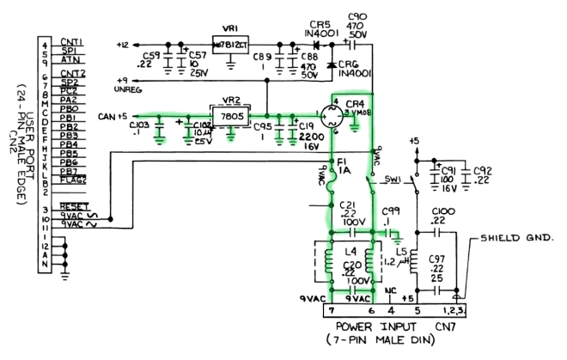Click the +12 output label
pos(122,45)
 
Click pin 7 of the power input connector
pos(331,310)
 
